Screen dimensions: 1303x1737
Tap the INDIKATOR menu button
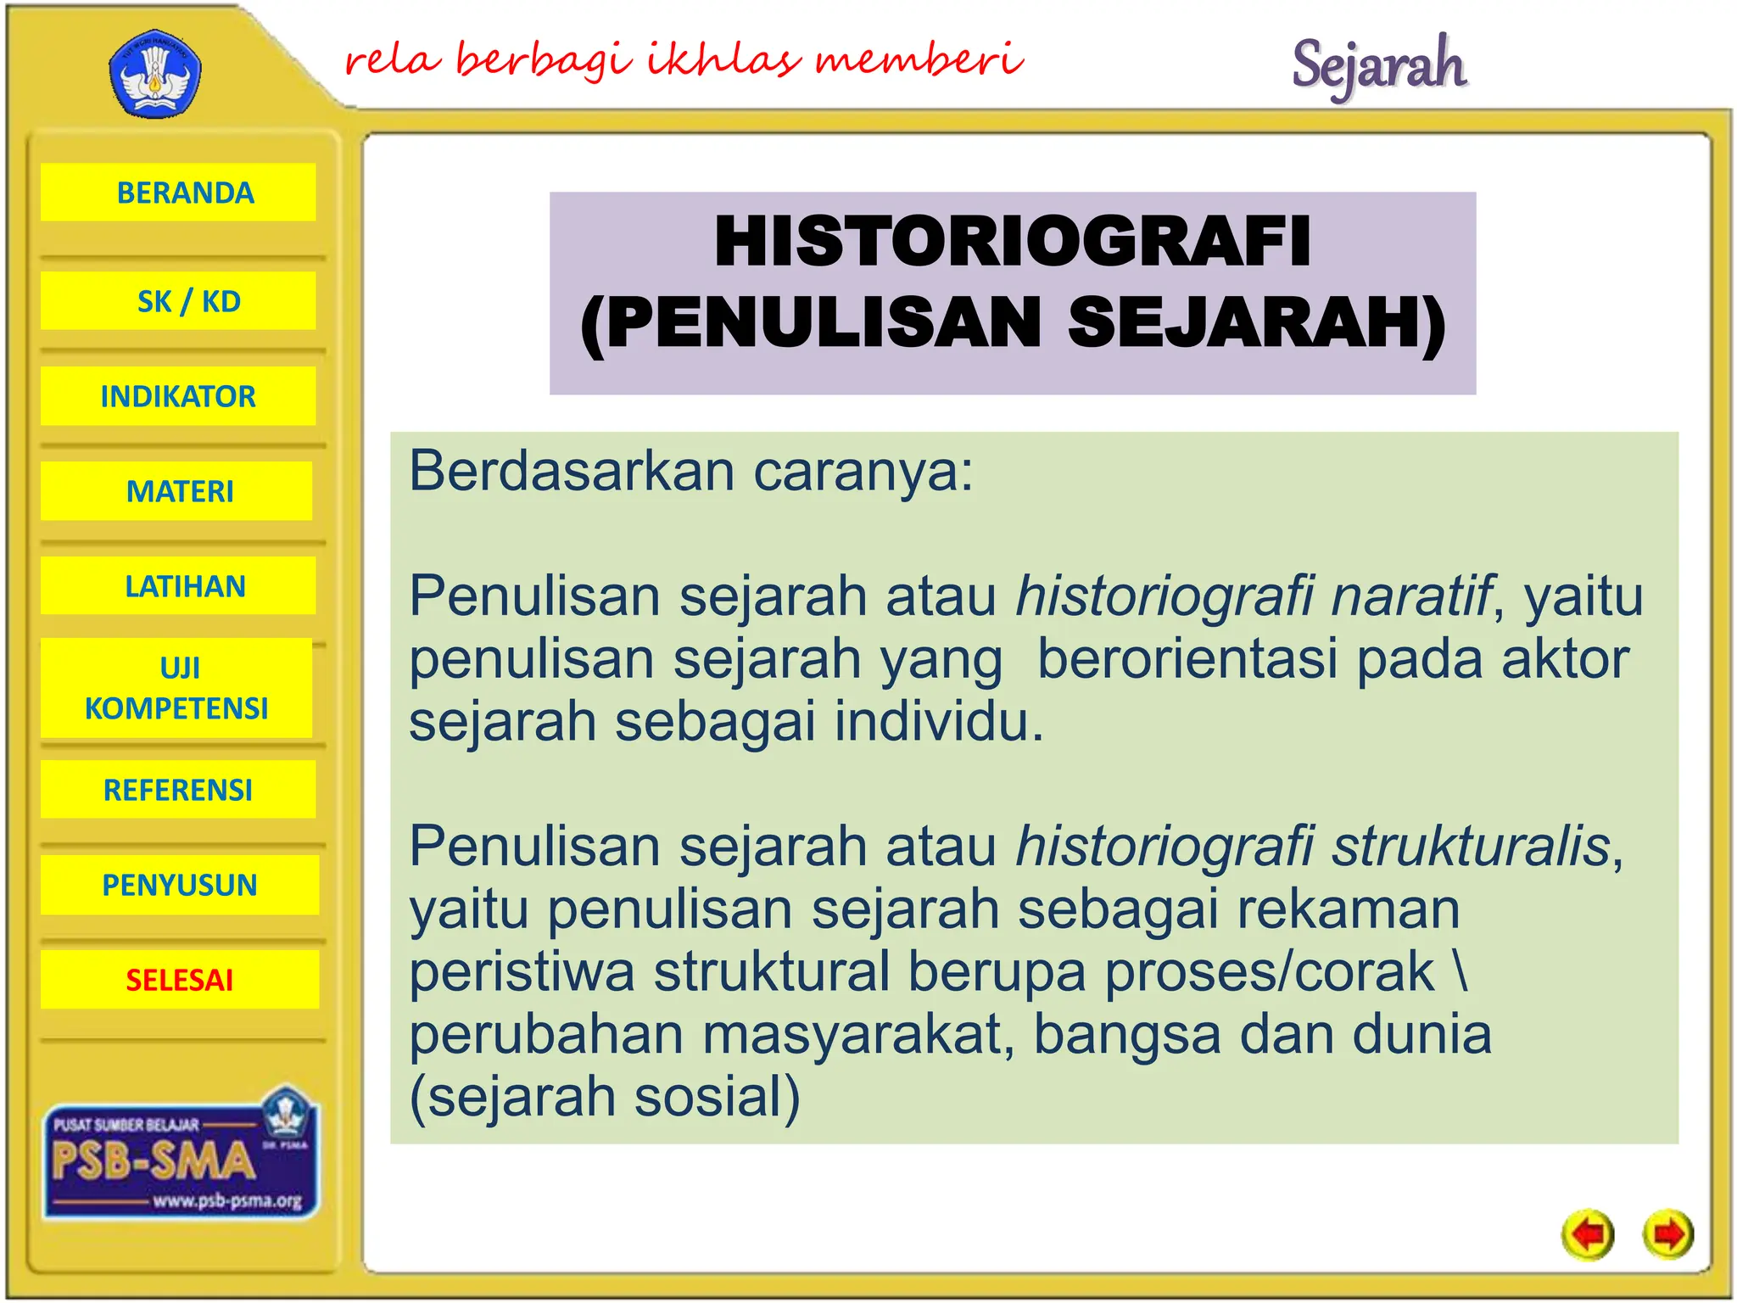pyautogui.click(x=178, y=396)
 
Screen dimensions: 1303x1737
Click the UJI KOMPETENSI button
pyautogui.click(x=176, y=688)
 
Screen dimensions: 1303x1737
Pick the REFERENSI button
pyautogui.click(x=178, y=790)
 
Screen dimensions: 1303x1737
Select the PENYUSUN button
pyautogui.click(x=180, y=885)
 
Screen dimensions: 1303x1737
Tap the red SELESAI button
pyautogui.click(x=180, y=980)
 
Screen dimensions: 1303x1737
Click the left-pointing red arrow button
pyautogui.click(x=1587, y=1234)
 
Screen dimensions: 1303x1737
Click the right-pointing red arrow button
pyautogui.click(x=1667, y=1234)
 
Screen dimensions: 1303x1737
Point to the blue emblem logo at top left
pyautogui.click(x=155, y=75)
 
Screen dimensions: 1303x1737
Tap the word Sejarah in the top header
pyautogui.click(x=1378, y=66)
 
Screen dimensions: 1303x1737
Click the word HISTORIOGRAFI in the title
pyautogui.click(x=1012, y=242)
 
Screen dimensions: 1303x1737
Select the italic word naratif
pyautogui.click(x=1410, y=596)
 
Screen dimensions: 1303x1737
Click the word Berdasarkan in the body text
pyautogui.click(x=571, y=471)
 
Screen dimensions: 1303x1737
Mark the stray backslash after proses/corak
pyautogui.click(x=1461, y=972)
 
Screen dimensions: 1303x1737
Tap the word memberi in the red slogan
pyautogui.click(x=919, y=59)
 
